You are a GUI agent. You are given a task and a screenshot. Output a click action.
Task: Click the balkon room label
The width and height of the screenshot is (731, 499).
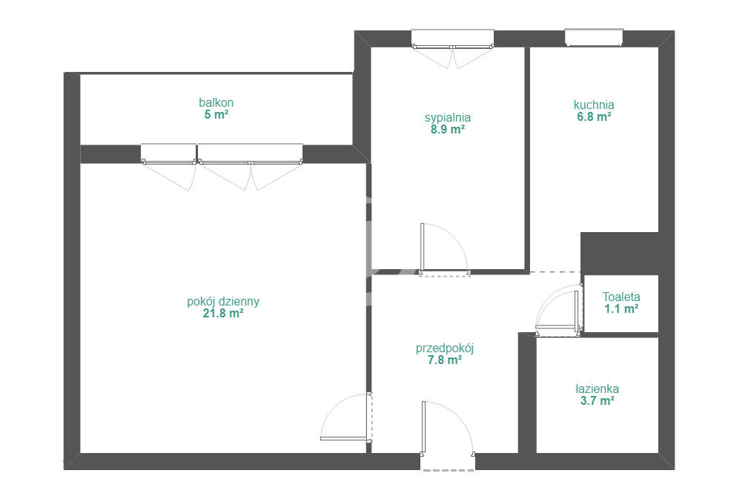point(216,102)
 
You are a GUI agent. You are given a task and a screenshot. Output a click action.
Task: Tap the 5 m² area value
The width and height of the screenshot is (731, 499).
point(216,115)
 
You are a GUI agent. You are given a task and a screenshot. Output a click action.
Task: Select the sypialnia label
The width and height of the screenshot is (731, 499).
point(448,118)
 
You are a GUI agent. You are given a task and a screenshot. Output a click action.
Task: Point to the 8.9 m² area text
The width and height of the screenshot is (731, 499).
point(448,130)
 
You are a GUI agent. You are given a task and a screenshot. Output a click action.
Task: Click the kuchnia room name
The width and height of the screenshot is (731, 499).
point(594,105)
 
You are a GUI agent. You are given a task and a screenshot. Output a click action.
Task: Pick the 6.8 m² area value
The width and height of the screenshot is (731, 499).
point(594,117)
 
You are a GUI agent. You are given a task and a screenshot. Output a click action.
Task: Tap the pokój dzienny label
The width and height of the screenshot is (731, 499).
point(223,302)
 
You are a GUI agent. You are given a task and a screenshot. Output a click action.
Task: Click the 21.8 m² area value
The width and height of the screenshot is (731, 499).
point(223,314)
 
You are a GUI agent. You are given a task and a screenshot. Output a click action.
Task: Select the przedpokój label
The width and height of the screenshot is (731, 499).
point(445,348)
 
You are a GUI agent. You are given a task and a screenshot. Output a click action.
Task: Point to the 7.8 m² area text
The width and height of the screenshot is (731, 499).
point(445,360)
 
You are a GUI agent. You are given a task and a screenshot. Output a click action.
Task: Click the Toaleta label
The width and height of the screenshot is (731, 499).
point(621,297)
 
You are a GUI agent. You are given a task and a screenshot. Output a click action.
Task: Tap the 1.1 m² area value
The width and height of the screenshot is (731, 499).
point(621,308)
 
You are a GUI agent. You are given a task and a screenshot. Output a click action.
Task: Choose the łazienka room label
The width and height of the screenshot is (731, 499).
point(597,389)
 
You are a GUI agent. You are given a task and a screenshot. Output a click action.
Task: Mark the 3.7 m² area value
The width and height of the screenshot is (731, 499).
point(597,401)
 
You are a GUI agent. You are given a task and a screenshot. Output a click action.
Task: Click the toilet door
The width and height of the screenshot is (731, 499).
point(558,311)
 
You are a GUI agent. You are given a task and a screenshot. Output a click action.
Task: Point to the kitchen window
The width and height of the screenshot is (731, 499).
point(594,38)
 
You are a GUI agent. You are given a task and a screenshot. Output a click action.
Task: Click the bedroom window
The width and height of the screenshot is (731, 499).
point(452,39)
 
